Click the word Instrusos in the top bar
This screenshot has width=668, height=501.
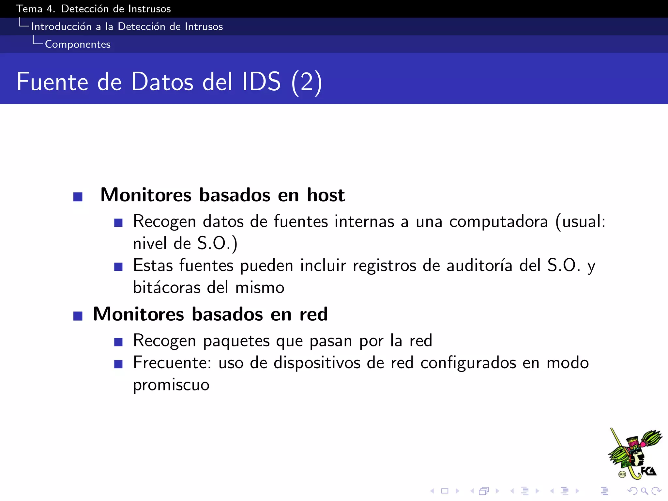click(149, 9)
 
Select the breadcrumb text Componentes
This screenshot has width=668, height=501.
click(78, 44)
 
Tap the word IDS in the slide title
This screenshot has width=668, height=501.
click(261, 82)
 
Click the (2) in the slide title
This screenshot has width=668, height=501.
click(307, 82)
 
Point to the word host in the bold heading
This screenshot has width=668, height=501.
click(326, 195)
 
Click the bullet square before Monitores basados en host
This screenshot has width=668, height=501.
click(78, 197)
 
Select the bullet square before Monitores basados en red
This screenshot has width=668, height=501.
click(78, 316)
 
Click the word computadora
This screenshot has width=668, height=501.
click(498, 222)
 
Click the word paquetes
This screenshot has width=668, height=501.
click(236, 341)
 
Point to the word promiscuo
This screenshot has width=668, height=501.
click(171, 385)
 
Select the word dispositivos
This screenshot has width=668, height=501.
click(317, 363)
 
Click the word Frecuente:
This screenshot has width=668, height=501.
click(172, 363)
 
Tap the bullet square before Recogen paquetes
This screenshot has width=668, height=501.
click(118, 342)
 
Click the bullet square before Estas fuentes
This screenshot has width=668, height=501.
click(118, 267)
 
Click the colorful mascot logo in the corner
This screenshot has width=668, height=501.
click(634, 454)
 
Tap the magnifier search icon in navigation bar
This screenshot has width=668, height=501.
click(644, 491)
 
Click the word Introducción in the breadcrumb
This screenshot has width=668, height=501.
click(61, 26)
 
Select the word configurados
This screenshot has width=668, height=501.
click(468, 363)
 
